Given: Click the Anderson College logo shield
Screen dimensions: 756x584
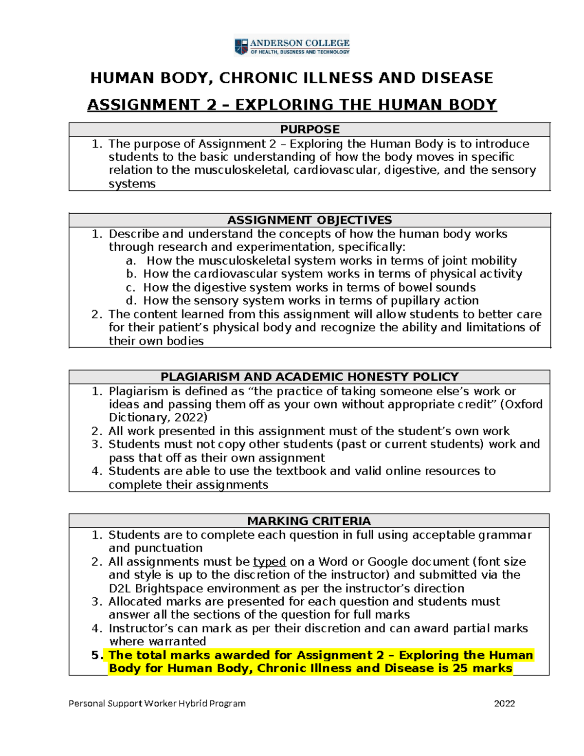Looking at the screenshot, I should tap(241, 46).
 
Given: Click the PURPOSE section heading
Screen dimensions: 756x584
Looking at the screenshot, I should tap(310, 129).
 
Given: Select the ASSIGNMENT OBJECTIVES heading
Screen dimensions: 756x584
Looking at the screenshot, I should tap(310, 220).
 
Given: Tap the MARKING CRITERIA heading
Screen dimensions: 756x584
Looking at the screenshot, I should tap(309, 521).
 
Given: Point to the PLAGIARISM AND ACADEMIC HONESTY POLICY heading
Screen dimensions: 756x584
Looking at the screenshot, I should tap(310, 377).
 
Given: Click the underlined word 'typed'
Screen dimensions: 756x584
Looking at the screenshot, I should tap(269, 562).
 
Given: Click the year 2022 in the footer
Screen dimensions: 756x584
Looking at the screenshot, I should tap(504, 703).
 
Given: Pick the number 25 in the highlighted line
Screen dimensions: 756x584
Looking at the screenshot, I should tap(460, 668).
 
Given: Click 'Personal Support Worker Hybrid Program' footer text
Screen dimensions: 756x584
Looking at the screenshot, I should tap(157, 703).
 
